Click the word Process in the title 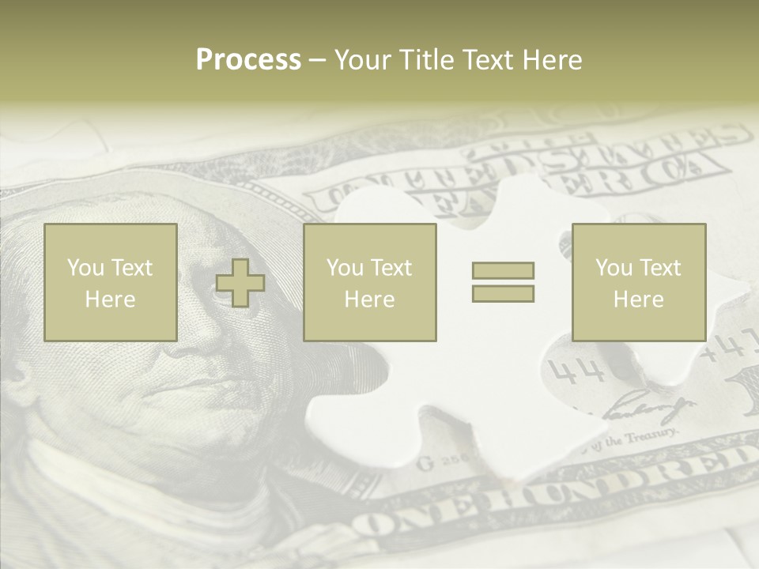click(248, 60)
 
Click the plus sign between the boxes click(240, 282)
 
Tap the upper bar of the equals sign click(503, 270)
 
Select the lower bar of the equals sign click(503, 294)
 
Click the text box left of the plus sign click(111, 282)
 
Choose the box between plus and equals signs click(370, 282)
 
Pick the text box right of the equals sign click(639, 282)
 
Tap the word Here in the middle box click(370, 300)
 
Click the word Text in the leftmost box click(131, 268)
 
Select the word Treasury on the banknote click(652, 435)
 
